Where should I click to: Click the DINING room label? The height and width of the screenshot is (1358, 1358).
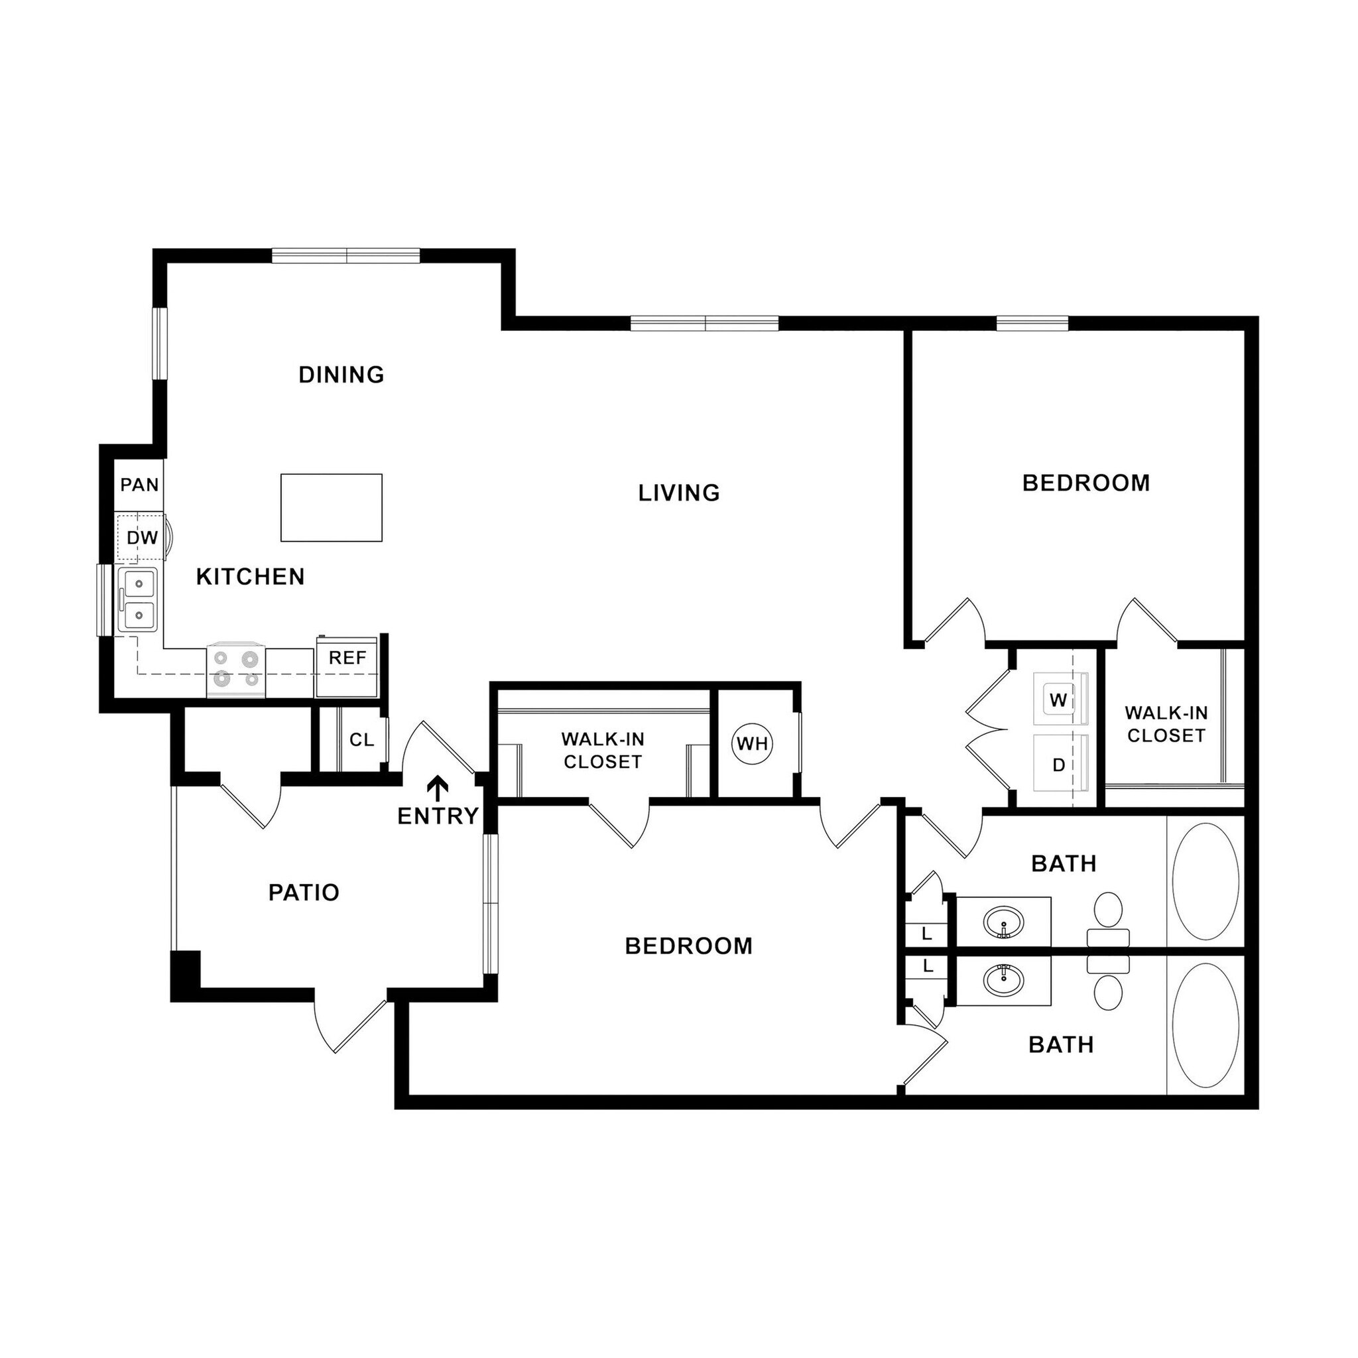(341, 375)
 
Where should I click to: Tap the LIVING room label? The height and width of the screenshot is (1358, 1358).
(679, 493)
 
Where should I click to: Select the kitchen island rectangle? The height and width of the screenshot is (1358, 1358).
(331, 507)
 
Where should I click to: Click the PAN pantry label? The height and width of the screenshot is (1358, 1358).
(139, 485)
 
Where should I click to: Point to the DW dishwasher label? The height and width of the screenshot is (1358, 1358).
(142, 538)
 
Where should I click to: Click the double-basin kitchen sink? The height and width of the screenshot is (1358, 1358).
(139, 599)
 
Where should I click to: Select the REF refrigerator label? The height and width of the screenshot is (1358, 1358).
(347, 658)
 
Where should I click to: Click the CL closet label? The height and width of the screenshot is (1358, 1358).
(361, 739)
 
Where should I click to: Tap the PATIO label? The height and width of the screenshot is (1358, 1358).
(304, 893)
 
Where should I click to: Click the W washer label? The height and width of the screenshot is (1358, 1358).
(1058, 700)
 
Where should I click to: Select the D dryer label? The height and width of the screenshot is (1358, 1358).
(1058, 765)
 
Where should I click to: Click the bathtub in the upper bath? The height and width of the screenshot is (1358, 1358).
(1205, 881)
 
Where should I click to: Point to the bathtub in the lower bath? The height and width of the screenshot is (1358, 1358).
(1205, 1025)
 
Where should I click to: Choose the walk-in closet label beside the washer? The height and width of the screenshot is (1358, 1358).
(1166, 724)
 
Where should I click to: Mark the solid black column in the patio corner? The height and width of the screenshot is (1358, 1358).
(186, 971)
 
